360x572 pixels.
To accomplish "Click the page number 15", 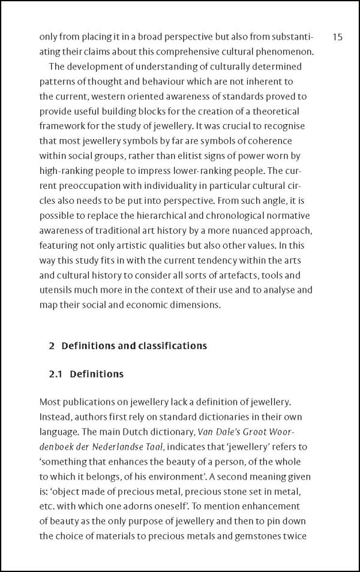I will [337, 37].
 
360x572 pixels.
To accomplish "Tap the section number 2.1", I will [57, 374].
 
